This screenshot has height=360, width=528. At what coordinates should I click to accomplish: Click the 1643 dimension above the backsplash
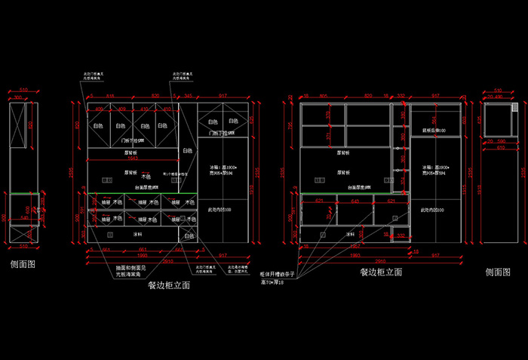tap(131, 158)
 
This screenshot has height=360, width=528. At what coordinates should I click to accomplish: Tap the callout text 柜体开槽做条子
tap(281, 274)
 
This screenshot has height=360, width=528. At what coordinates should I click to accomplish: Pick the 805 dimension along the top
tap(322, 96)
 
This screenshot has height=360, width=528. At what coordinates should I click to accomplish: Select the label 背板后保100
tap(434, 131)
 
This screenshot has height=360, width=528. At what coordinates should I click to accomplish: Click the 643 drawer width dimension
tap(355, 201)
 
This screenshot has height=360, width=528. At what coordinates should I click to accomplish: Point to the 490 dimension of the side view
tap(499, 96)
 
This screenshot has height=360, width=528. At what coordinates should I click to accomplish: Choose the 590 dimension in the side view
tap(500, 140)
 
